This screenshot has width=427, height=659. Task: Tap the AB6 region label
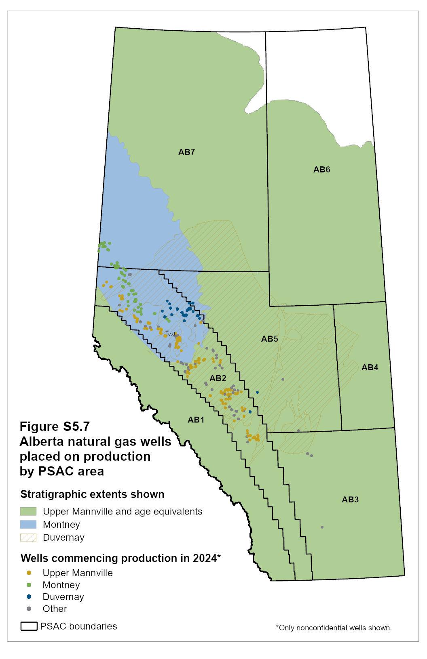(321, 170)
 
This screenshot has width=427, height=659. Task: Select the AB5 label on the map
(269, 339)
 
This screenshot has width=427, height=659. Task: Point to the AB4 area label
(370, 367)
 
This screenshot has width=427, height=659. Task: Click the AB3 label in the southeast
(350, 499)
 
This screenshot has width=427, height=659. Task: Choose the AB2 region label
(218, 378)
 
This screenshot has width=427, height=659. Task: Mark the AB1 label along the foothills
(196, 420)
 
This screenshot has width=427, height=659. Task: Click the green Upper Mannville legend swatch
(28, 512)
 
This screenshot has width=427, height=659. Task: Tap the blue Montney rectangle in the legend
(28, 525)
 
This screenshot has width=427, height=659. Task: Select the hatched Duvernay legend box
(28, 537)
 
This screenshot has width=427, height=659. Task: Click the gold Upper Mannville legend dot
(29, 573)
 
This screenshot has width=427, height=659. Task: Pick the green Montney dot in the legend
(29, 585)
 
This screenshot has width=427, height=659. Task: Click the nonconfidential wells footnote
(334, 628)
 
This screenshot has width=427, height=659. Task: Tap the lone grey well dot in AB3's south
(322, 527)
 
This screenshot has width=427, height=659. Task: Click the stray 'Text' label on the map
(170, 334)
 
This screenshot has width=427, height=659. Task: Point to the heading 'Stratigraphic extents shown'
(92, 494)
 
